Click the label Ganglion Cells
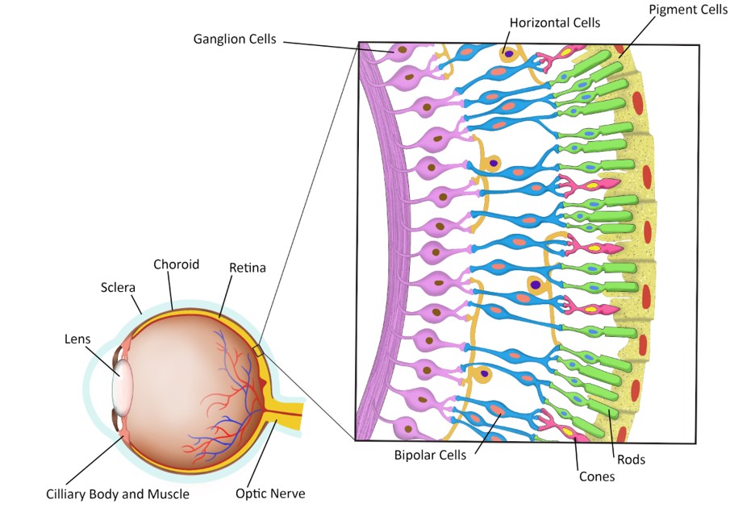click(x=235, y=39)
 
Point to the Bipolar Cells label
click(x=430, y=456)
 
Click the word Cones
click(x=597, y=476)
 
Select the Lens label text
click(x=77, y=339)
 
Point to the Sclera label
click(x=119, y=287)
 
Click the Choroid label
click(x=176, y=264)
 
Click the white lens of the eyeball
click(x=122, y=382)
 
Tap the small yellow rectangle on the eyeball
click(x=257, y=351)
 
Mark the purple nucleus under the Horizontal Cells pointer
click(x=506, y=55)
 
